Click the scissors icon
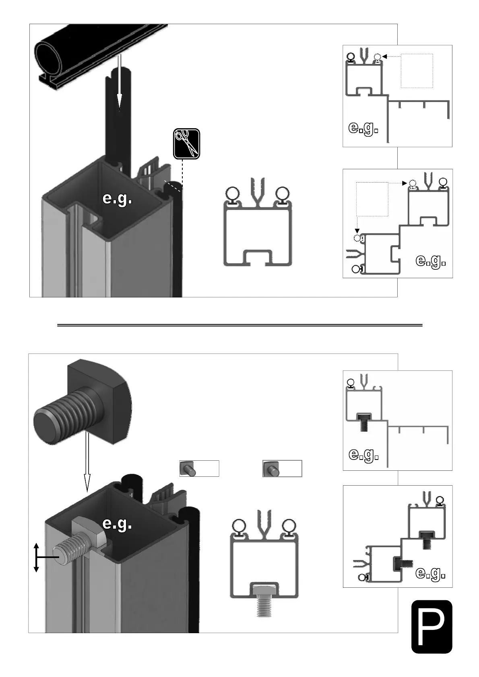point(186,144)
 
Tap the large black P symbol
point(432,626)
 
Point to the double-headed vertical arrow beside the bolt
point(36,557)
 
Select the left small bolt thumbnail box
point(199,469)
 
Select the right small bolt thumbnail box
point(282,469)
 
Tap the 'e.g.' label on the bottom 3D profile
point(117,523)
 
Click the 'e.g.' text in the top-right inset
point(363,129)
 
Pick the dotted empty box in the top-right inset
point(417,71)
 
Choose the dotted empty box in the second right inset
point(372,199)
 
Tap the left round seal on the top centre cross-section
point(232,194)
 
